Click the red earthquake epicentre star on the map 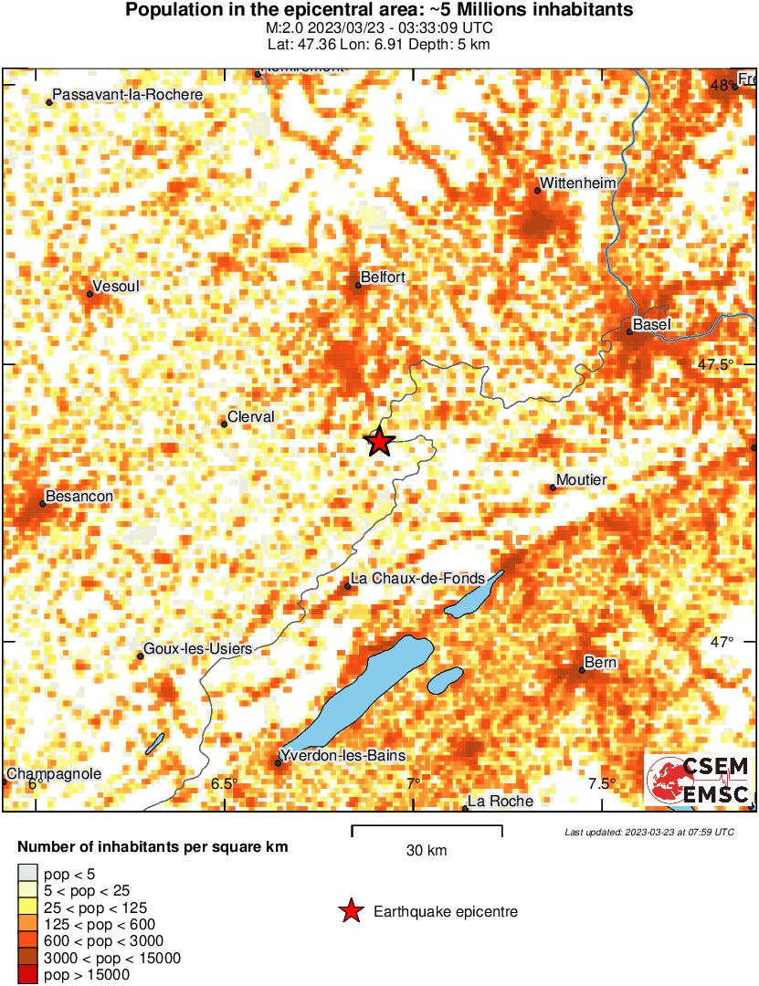[379, 442]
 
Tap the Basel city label [651, 324]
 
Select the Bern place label [600, 662]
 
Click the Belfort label [383, 277]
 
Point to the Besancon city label [79, 496]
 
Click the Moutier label [581, 480]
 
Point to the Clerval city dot [224, 424]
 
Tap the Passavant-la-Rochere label [128, 94]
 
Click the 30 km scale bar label [427, 851]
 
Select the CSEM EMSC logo [700, 781]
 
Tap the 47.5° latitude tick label [716, 364]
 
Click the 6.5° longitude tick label [224, 783]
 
